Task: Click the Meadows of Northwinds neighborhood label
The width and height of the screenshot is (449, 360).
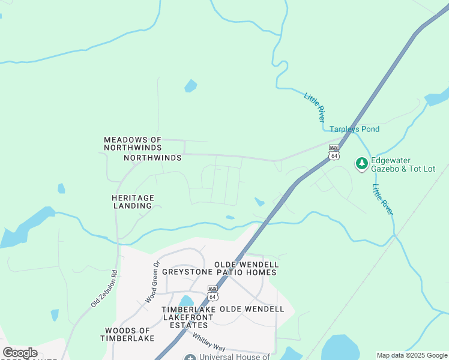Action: [x=133, y=143]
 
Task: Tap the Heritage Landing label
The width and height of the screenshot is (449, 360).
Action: [x=133, y=202]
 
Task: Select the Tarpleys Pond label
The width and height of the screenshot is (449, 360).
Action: [x=354, y=129]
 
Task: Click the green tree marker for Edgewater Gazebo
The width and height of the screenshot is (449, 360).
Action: [x=361, y=163]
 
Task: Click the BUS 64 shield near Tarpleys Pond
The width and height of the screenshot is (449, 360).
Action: [x=334, y=152]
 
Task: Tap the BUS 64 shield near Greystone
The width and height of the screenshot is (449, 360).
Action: [x=212, y=293]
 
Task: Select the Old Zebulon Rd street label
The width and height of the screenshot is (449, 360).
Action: [x=104, y=292]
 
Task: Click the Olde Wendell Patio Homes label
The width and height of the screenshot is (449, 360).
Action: [x=247, y=268]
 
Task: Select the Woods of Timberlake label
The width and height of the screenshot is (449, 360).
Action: [x=127, y=334]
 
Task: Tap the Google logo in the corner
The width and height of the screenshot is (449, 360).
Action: [x=20, y=353]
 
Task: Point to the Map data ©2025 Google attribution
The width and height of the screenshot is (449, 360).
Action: [x=411, y=355]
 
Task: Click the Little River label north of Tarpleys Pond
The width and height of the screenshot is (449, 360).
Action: [x=314, y=107]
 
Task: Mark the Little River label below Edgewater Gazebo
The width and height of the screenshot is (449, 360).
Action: [x=382, y=200]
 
